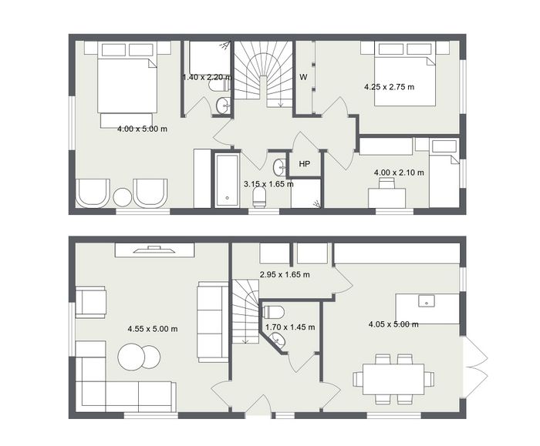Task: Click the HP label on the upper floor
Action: [x=304, y=164]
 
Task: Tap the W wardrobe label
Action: [x=303, y=77]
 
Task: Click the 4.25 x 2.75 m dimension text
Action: [x=389, y=87]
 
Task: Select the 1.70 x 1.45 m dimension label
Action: [x=290, y=327]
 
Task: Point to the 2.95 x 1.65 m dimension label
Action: [x=285, y=274]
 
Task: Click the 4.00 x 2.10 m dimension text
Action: [x=399, y=173]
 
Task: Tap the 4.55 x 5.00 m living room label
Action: [x=153, y=329]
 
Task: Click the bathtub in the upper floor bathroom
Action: [x=227, y=180]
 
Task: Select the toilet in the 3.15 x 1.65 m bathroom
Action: [x=259, y=200]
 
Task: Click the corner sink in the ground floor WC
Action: [x=278, y=340]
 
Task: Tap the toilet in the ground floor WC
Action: [x=273, y=312]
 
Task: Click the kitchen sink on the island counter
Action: [x=427, y=301]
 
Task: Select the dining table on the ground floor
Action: [x=393, y=379]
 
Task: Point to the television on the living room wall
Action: [x=154, y=250]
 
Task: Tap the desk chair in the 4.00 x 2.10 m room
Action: [x=387, y=183]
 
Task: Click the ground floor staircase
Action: [x=245, y=311]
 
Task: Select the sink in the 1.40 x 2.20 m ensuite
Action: [x=224, y=105]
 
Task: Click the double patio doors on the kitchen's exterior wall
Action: [x=475, y=367]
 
